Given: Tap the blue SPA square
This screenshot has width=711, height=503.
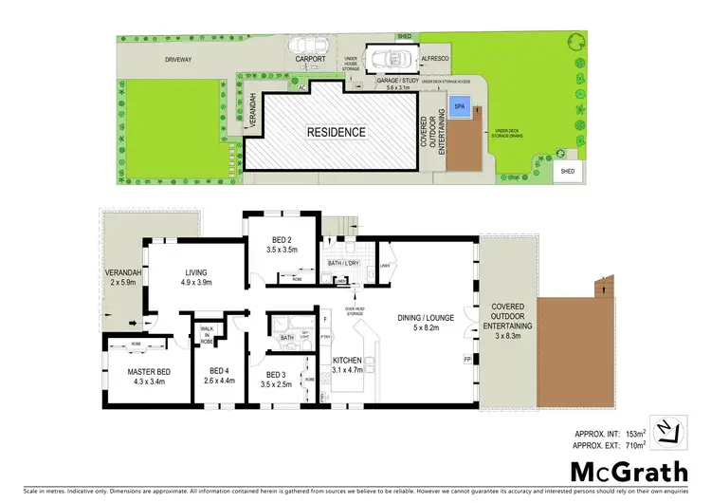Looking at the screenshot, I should pos(460,105).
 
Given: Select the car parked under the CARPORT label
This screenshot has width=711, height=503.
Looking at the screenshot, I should pos(308,44).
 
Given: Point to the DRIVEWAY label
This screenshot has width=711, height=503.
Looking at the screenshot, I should pos(179,60).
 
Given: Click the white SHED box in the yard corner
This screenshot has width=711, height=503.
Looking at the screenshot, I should pos(567,172).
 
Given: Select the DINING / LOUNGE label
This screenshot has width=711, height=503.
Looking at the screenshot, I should pos(426,320).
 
